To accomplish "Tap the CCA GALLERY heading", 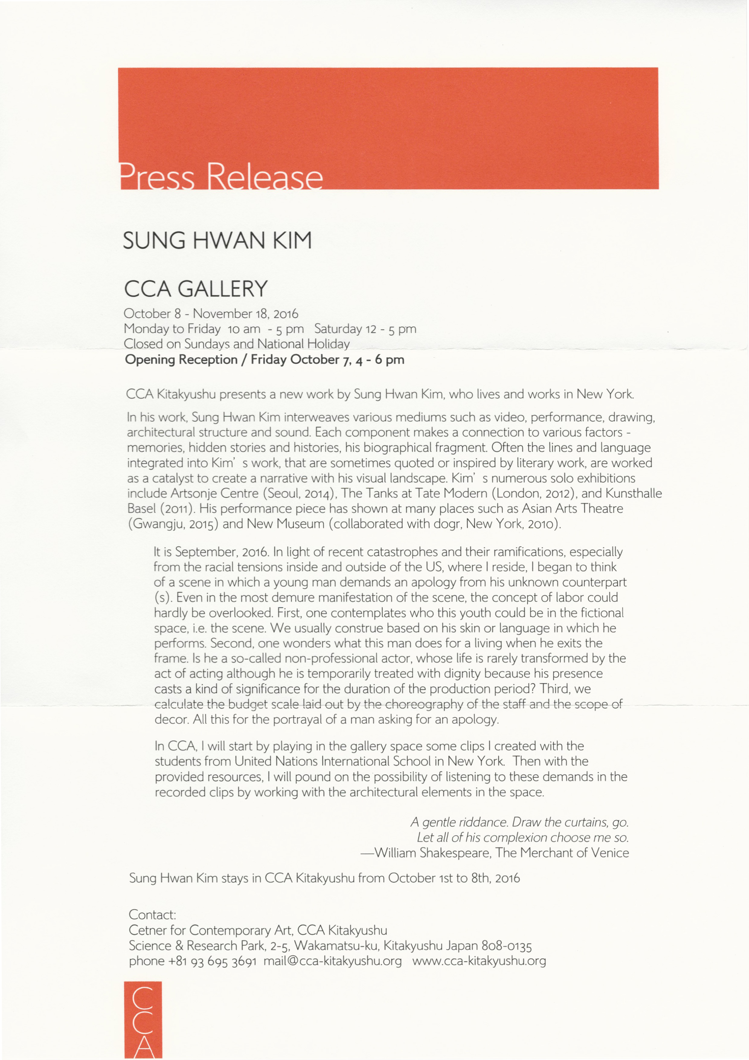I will pyautogui.click(x=196, y=289).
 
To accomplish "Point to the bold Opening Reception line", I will pyautogui.click(x=265, y=360).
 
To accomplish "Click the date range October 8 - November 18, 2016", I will pyautogui.click(x=211, y=314).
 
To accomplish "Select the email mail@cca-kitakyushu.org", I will pyautogui.click(x=333, y=961).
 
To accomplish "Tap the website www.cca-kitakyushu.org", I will pyautogui.click(x=479, y=961).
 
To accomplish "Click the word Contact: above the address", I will pyautogui.click(x=152, y=915).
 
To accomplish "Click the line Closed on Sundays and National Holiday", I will pyautogui.click(x=237, y=344).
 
